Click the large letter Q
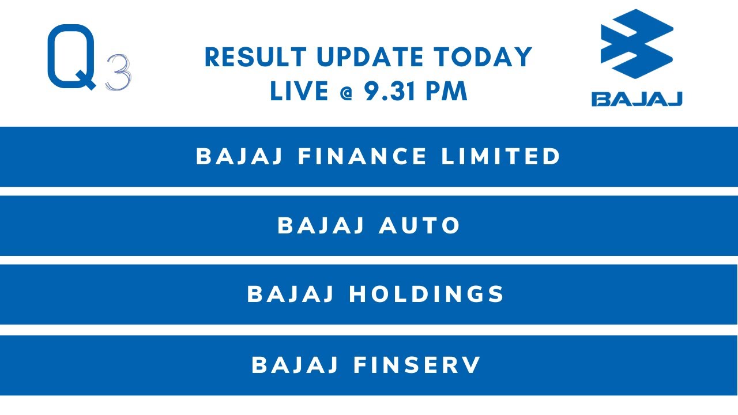pos(71,58)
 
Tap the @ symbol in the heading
pos(345,92)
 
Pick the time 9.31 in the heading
pos(390,92)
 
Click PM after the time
pos(446,92)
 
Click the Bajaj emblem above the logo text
pos(637,44)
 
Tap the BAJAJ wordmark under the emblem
pos(637,99)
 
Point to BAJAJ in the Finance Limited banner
pos(240,157)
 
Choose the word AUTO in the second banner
pos(419,226)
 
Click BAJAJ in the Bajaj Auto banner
pos(321,226)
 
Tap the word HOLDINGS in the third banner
pos(427,295)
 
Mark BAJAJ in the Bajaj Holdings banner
pos(291,295)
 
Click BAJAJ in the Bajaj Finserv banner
pos(295,365)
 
